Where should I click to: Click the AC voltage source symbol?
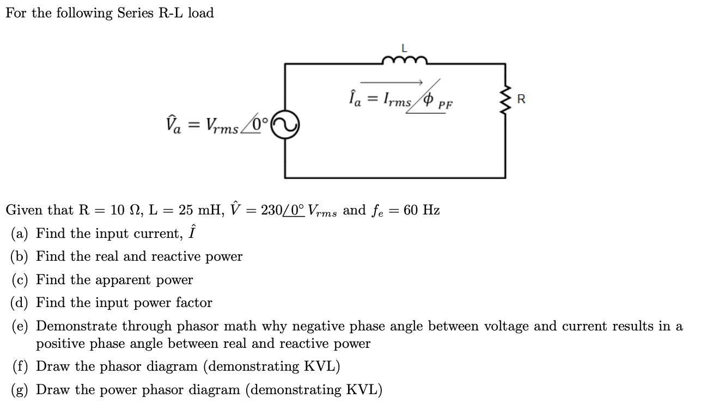point(284,125)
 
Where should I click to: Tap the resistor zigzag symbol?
point(506,100)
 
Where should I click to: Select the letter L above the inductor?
point(404,48)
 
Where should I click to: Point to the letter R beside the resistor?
point(521,100)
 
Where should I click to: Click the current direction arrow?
point(392,82)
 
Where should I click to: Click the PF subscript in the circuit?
point(446,105)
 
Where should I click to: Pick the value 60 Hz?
point(422,210)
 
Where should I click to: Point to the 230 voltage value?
point(271,210)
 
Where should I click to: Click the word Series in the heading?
point(136,13)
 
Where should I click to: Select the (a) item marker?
point(21,234)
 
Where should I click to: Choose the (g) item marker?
point(21,390)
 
